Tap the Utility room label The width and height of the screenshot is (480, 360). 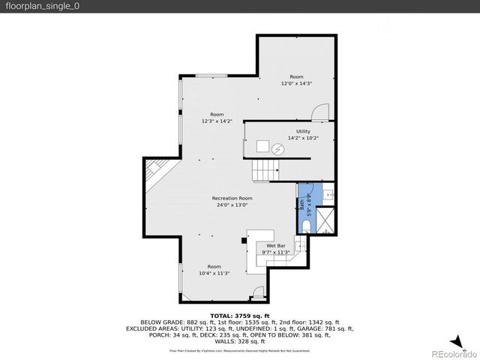coord(302,131)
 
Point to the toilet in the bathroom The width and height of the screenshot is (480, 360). coord(307,227)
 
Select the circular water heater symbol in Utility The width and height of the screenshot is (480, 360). coord(278,149)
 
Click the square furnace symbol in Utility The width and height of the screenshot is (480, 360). coord(262,146)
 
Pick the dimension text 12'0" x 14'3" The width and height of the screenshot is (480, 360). coord(296,84)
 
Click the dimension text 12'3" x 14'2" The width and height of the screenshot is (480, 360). coord(217,121)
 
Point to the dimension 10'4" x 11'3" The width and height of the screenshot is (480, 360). coord(214,273)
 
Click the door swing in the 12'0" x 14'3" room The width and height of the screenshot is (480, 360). coord(320,112)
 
